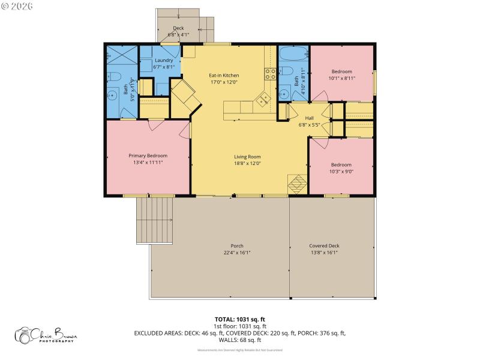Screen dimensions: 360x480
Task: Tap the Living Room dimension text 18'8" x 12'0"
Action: [247, 163]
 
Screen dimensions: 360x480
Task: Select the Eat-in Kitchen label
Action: [224, 75]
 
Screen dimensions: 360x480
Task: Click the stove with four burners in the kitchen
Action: [271, 74]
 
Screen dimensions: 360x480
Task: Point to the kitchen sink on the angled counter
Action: [262, 101]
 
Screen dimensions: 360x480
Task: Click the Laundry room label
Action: [164, 61]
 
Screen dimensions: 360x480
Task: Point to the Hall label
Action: [309, 118]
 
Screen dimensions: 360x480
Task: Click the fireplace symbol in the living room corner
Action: [297, 184]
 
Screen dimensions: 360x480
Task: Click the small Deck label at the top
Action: [178, 28]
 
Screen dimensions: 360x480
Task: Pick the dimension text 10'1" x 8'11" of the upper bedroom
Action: [342, 78]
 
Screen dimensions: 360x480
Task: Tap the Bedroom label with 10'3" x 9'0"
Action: [341, 164]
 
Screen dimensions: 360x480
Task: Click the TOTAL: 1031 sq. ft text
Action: [240, 319]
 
